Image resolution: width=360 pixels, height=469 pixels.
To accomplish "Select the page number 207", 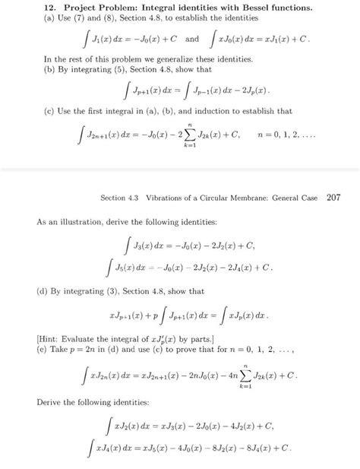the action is click(334, 200).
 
